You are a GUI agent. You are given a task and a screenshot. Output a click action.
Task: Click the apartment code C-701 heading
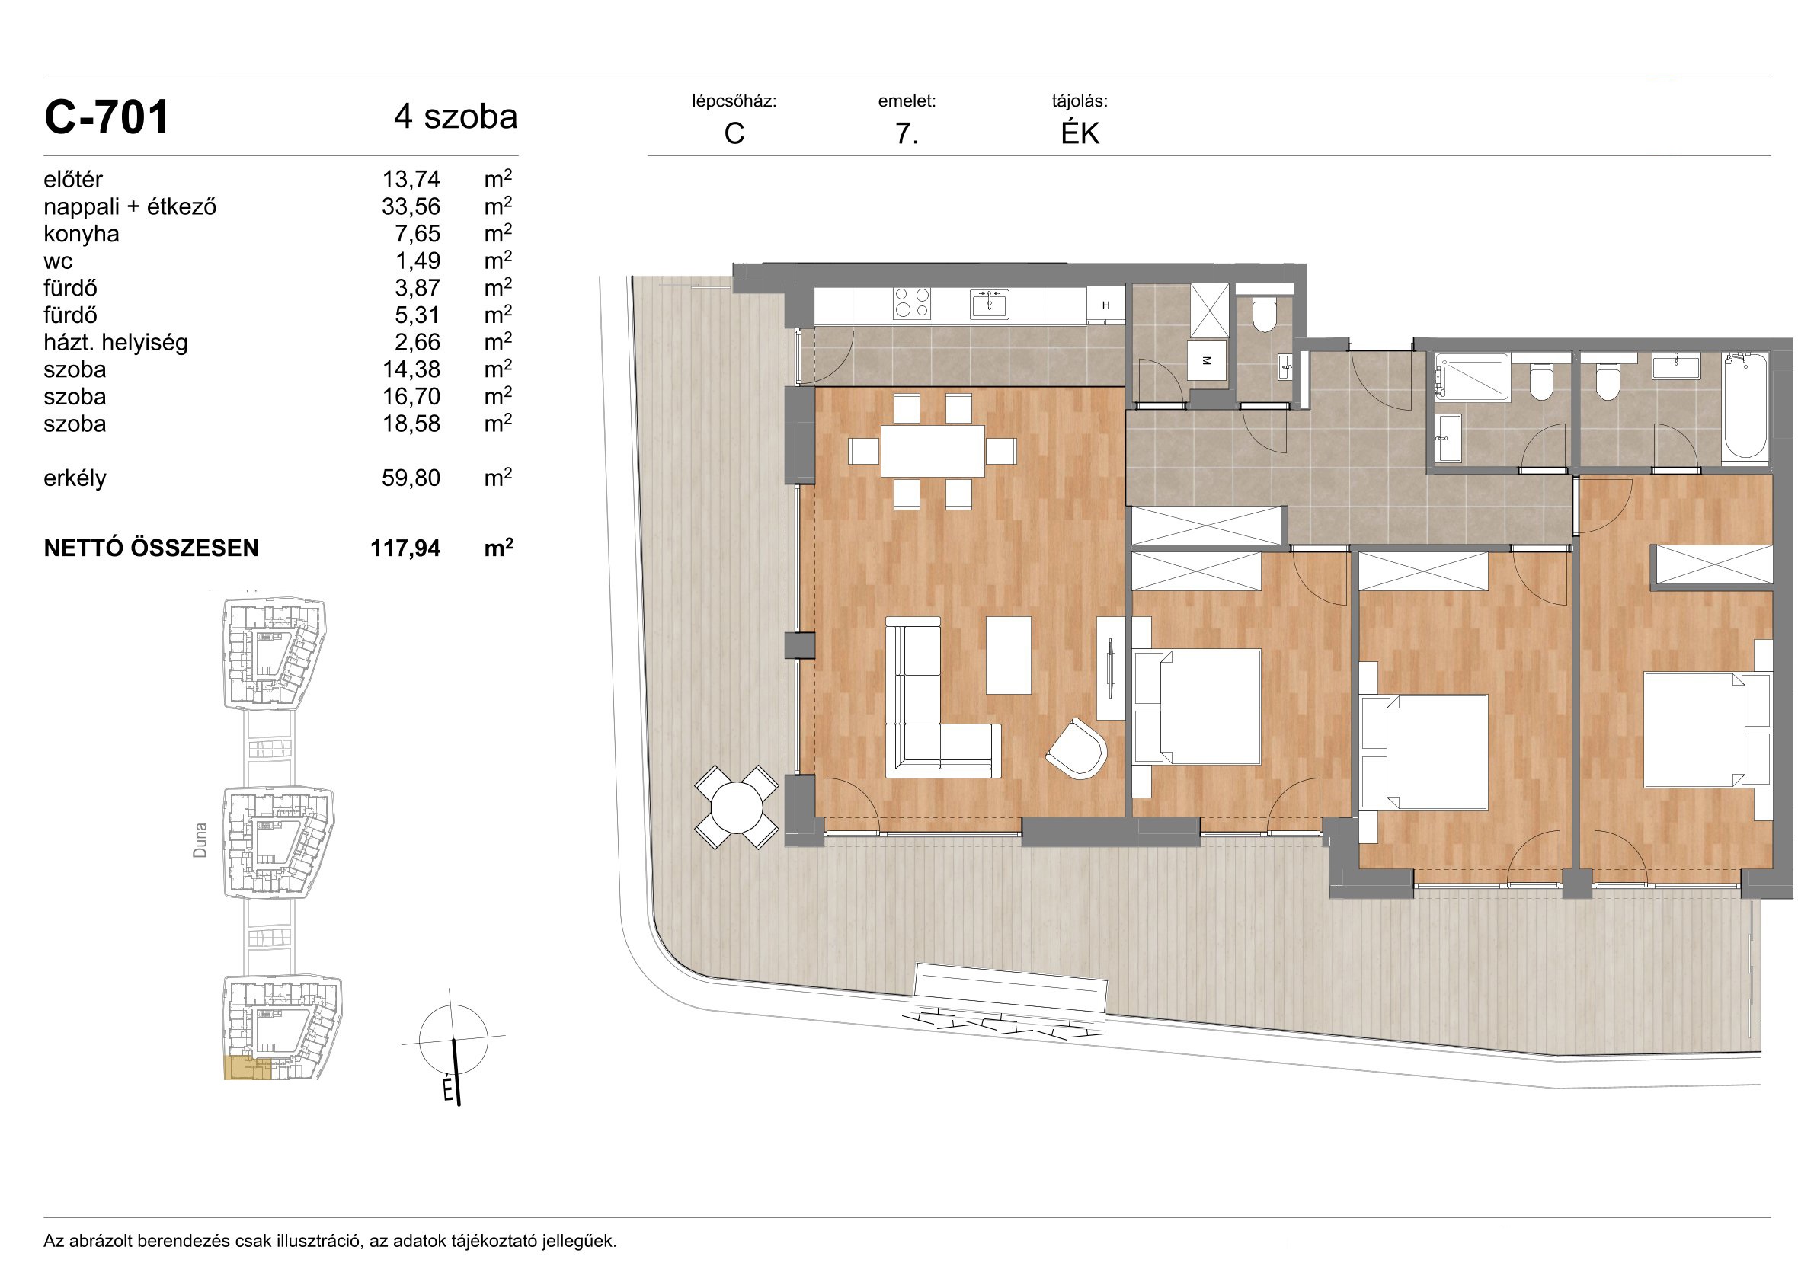click(107, 118)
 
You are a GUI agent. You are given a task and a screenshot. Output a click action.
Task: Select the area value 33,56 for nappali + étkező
click(411, 207)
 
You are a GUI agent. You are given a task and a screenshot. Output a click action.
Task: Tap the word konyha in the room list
click(82, 234)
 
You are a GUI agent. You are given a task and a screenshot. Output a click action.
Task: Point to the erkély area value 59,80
click(411, 478)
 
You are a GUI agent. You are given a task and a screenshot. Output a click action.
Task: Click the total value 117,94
click(405, 548)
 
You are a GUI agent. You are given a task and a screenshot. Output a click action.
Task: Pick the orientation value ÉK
click(1080, 133)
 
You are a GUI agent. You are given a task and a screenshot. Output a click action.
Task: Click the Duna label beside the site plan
click(200, 839)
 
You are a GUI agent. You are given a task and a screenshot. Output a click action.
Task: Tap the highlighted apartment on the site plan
click(248, 1068)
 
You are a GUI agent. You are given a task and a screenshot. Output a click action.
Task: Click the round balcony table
click(737, 807)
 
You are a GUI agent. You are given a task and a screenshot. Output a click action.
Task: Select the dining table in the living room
click(933, 451)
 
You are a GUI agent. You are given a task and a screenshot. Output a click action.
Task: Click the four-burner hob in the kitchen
click(912, 303)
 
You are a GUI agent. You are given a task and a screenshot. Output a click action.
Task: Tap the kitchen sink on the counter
click(989, 303)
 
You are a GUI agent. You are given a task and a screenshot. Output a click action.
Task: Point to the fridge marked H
click(1105, 305)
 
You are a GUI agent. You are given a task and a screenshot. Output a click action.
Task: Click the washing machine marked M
click(1208, 360)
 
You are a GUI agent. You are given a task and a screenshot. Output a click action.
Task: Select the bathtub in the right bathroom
click(1746, 406)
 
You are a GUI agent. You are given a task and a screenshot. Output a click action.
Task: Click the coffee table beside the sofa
click(1009, 656)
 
